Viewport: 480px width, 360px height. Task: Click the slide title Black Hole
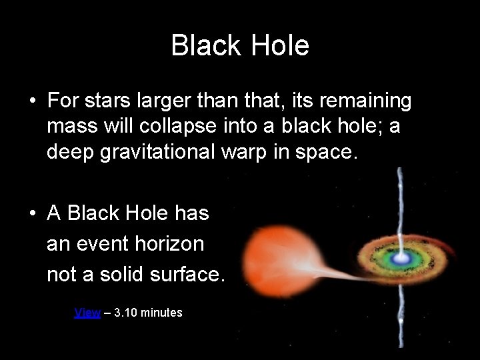pyautogui.click(x=240, y=46)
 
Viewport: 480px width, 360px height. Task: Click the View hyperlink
pyautogui.click(x=87, y=312)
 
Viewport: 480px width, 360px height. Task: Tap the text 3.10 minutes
pyautogui.click(x=149, y=312)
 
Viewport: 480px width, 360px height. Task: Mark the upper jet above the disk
pyautogui.click(x=399, y=200)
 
